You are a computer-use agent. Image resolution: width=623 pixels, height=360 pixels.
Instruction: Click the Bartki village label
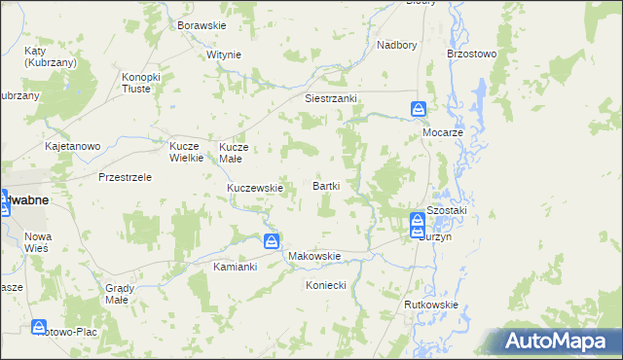325,185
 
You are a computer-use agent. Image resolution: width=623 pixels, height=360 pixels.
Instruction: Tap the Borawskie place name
201,24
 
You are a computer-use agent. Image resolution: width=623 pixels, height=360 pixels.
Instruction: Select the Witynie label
223,54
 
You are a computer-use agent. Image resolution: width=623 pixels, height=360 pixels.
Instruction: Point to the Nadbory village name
396,45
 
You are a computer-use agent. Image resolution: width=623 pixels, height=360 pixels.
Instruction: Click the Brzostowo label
471,54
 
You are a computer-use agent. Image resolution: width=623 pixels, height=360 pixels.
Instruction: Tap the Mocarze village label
441,129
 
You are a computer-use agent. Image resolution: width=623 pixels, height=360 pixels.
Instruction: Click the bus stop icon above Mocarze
418,109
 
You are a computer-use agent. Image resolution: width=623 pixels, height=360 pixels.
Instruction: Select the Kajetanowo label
73,147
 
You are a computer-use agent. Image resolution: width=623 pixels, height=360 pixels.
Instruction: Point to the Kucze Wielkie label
185,151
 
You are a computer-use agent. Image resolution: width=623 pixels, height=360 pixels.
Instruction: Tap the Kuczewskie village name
255,188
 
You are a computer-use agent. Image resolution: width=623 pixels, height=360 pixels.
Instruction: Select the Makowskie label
314,257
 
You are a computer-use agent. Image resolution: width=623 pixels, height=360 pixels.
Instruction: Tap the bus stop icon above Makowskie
272,240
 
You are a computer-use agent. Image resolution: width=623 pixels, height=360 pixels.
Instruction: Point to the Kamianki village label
235,266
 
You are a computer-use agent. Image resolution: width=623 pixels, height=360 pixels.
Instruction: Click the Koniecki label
326,285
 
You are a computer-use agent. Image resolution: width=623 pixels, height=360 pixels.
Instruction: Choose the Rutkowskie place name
431,305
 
